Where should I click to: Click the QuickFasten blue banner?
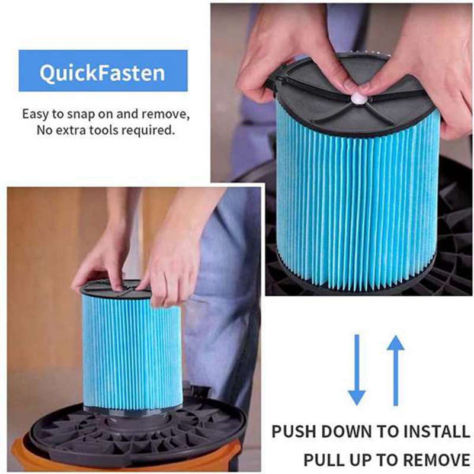coord(103,71)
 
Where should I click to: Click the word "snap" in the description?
coord(81,114)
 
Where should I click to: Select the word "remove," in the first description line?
coord(166,114)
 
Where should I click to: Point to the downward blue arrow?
coord(357,370)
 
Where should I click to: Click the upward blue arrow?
coord(395,370)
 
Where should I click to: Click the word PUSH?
coord(294,431)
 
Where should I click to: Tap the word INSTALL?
coord(437,431)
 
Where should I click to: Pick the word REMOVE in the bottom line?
coord(437,460)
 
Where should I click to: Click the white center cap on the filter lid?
coord(358,98)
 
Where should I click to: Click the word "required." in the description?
coord(148,130)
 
